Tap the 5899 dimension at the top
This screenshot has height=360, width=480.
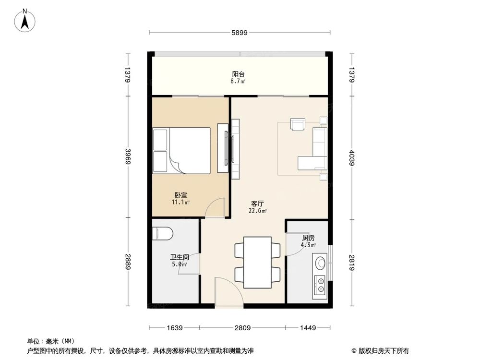[239, 33]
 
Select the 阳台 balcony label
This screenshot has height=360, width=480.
[239, 74]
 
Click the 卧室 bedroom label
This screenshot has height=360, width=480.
[181, 195]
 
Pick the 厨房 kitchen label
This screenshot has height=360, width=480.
[308, 238]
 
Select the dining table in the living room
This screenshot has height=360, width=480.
[257, 263]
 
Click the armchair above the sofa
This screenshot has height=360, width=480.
[298, 124]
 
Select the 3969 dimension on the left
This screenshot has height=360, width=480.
[127, 156]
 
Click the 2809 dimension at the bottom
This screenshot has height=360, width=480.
[243, 328]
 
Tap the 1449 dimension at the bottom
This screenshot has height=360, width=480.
[308, 328]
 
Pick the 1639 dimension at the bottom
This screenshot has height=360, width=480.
[174, 328]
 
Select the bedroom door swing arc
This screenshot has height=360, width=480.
[215, 207]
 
